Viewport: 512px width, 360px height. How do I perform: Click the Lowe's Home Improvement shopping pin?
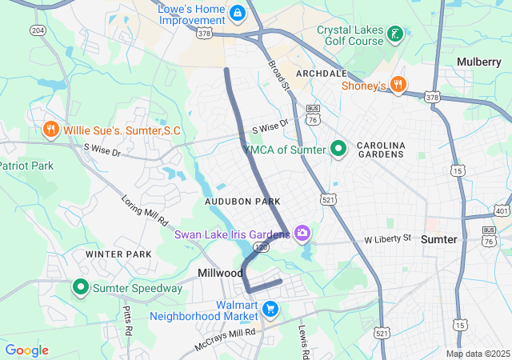click(x=237, y=14)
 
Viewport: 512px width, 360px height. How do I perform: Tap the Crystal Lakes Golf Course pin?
click(x=394, y=34)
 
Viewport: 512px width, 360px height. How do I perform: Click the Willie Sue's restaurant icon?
click(x=51, y=130)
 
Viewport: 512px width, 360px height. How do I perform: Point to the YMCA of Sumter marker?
click(x=338, y=149)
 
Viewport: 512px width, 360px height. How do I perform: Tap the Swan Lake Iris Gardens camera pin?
click(x=302, y=234)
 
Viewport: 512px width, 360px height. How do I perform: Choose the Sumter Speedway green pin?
click(x=81, y=287)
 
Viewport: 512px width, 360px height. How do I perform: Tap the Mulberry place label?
click(x=478, y=62)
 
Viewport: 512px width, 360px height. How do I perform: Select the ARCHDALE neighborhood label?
click(x=321, y=73)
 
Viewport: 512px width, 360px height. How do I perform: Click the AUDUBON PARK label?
click(x=242, y=202)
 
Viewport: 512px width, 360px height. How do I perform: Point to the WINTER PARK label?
click(x=118, y=254)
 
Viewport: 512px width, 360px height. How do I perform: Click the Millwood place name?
click(x=220, y=273)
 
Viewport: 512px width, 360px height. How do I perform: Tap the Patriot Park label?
click(x=26, y=166)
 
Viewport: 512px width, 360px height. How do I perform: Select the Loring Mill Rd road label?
click(x=145, y=210)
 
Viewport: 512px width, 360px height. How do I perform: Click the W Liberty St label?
click(x=387, y=238)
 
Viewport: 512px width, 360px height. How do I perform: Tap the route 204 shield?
click(x=38, y=30)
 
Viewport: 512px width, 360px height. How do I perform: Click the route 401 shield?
click(x=502, y=210)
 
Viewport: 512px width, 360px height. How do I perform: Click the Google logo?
click(x=26, y=350)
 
